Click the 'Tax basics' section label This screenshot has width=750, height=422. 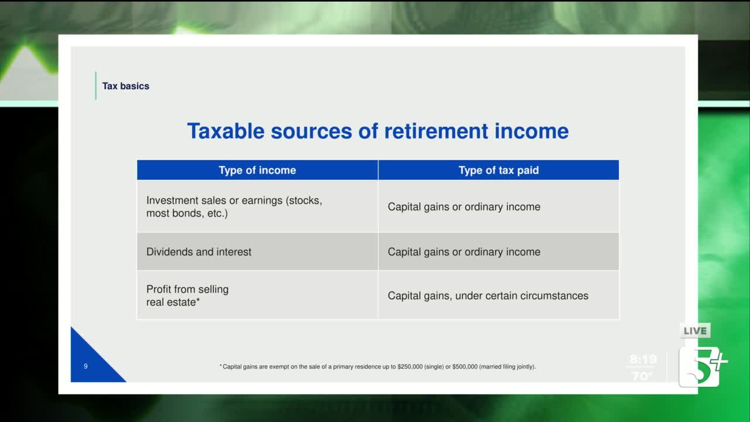click(x=125, y=86)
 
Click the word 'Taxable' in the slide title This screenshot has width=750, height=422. click(x=226, y=131)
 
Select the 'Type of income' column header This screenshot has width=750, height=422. click(x=257, y=170)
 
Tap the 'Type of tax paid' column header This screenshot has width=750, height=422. click(x=499, y=170)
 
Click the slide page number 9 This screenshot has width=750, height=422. click(x=86, y=366)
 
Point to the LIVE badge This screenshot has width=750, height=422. click(x=695, y=331)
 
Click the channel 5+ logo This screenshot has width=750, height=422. click(x=703, y=367)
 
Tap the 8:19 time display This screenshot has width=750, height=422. click(x=643, y=359)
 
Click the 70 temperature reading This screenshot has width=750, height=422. click(x=641, y=376)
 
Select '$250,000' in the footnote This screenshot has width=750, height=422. click(x=410, y=367)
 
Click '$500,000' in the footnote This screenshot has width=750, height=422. click(x=465, y=367)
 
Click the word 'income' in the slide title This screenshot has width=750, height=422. click(x=531, y=131)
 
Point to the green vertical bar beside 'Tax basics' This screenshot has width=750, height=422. click(x=96, y=86)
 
